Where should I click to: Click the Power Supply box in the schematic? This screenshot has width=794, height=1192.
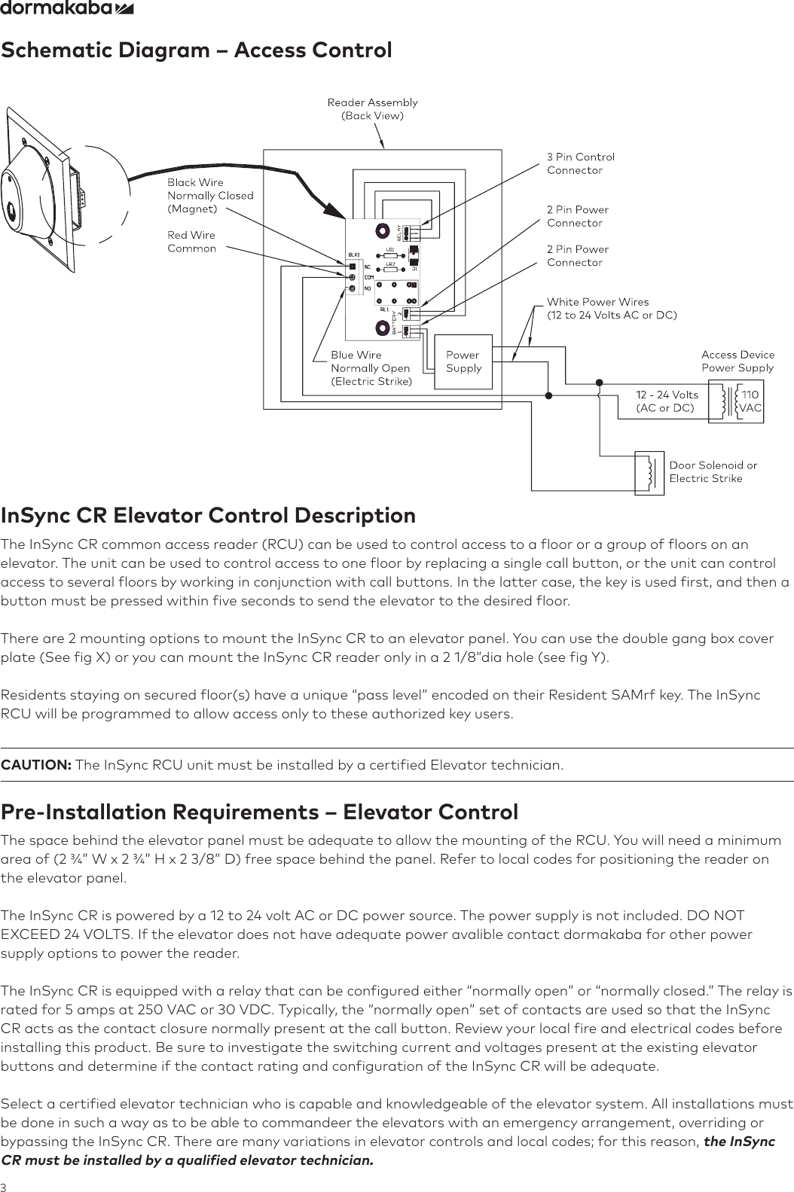(x=463, y=361)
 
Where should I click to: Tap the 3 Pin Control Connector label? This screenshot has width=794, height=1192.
(x=580, y=163)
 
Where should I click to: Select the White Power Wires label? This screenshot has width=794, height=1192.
(x=611, y=308)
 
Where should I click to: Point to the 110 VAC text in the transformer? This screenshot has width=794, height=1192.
(x=750, y=401)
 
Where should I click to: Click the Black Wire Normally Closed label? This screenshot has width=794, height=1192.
(x=209, y=195)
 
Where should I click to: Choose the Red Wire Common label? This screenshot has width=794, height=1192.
(x=191, y=242)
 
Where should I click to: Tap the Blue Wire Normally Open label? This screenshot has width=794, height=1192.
(x=371, y=367)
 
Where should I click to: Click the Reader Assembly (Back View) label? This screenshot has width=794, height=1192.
(x=372, y=108)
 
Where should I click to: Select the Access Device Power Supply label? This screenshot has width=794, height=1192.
(x=737, y=361)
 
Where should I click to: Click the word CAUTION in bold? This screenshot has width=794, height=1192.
(x=36, y=766)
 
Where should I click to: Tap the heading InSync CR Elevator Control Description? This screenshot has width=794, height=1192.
(x=208, y=516)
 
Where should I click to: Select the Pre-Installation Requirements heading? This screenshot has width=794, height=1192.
(x=259, y=812)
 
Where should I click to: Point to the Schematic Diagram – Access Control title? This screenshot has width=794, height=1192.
(x=196, y=50)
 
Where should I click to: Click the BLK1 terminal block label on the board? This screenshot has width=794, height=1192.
(x=354, y=255)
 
